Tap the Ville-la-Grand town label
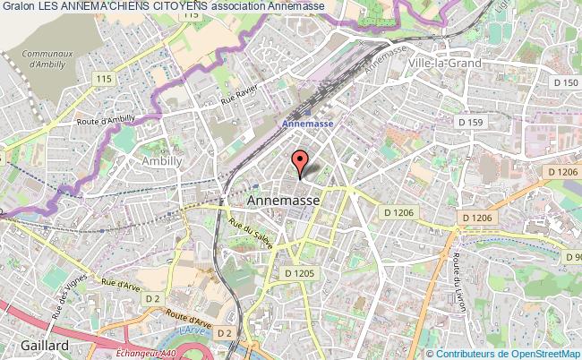click(x=445, y=63)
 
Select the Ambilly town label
click(x=162, y=160)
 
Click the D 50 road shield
click(x=565, y=82)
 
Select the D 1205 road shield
click(x=299, y=272)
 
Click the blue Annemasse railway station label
click(x=306, y=124)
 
